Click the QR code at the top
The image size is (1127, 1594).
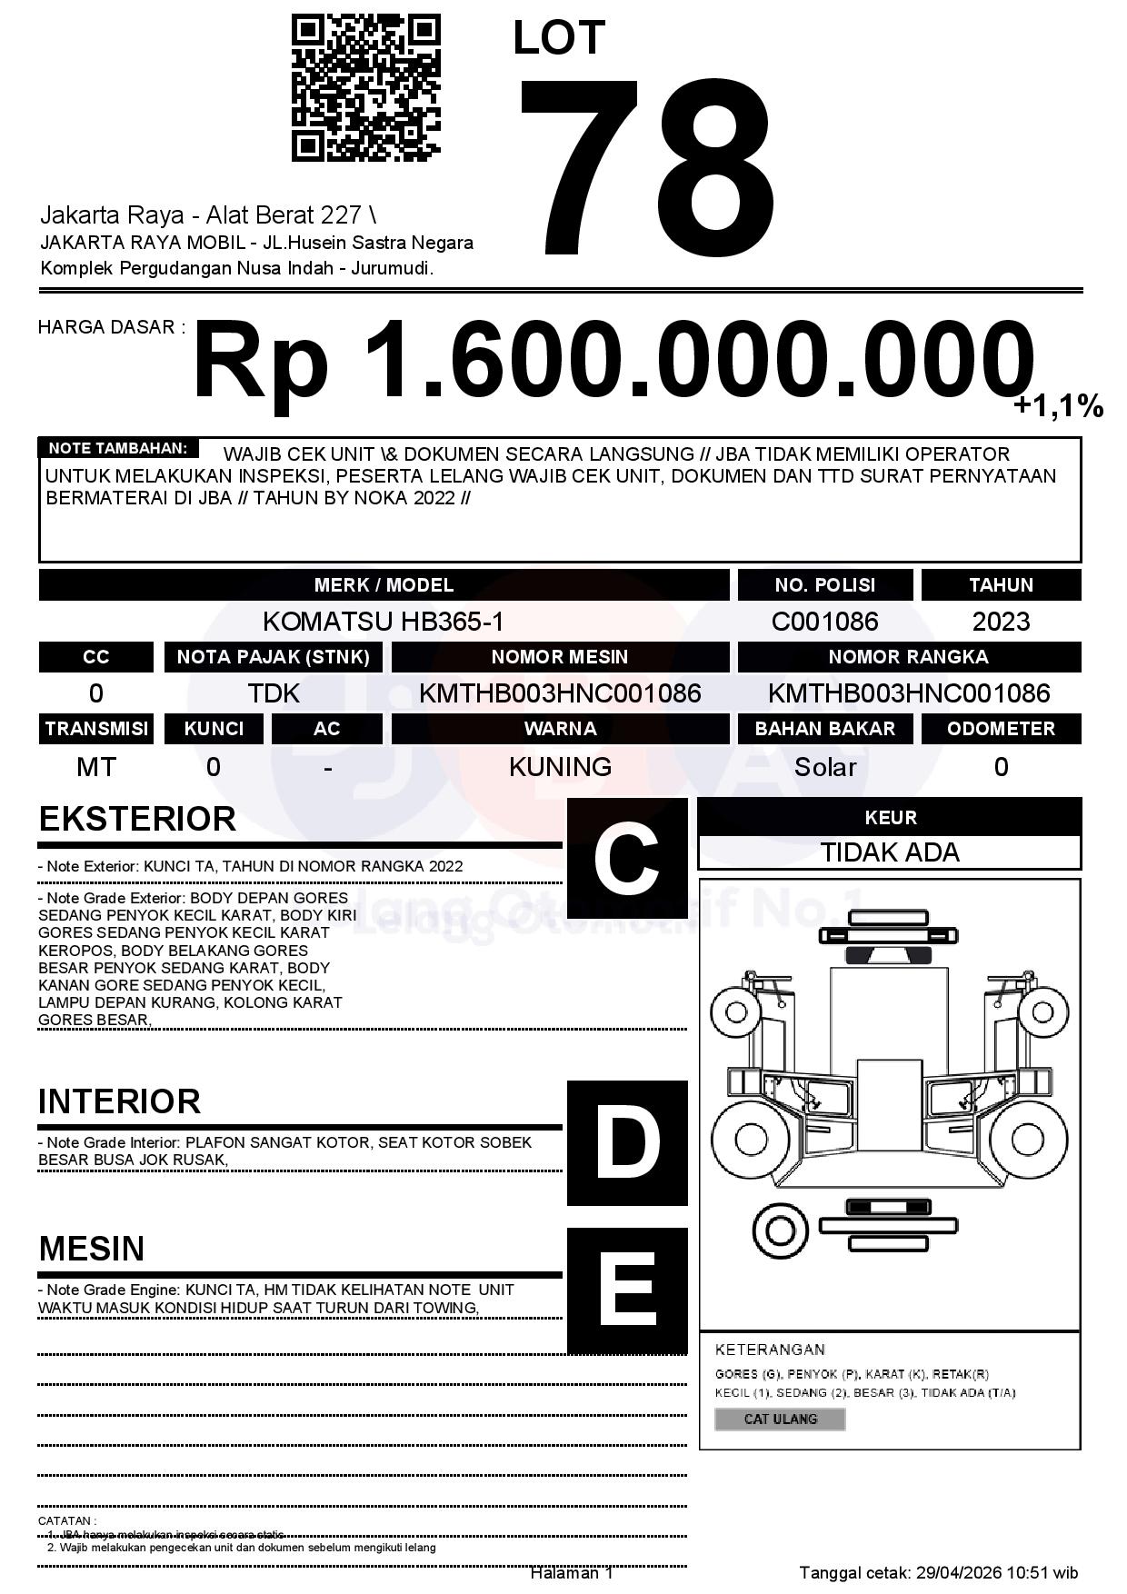coord(365,88)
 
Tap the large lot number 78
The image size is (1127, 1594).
coord(647,165)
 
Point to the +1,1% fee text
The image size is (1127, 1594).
coord(1058,406)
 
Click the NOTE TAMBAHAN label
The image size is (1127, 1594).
coord(117,448)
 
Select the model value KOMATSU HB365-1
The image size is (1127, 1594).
coord(383,622)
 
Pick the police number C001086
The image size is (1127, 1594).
coord(824,622)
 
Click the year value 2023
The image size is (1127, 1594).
coord(1001,622)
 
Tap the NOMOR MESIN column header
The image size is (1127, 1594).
coord(559,657)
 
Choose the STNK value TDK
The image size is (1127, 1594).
coord(274,694)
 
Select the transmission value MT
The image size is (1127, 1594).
coord(95,767)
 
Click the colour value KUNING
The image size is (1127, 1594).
coord(559,767)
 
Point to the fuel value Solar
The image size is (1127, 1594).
coord(824,767)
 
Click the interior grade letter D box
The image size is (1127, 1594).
coord(626,1142)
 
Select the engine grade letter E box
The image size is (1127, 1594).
coord(626,1290)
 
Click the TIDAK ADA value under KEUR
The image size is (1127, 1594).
coord(890,852)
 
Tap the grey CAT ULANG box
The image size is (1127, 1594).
coord(780,1419)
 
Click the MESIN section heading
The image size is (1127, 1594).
coord(92,1249)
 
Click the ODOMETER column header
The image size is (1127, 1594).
coord(1001,729)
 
